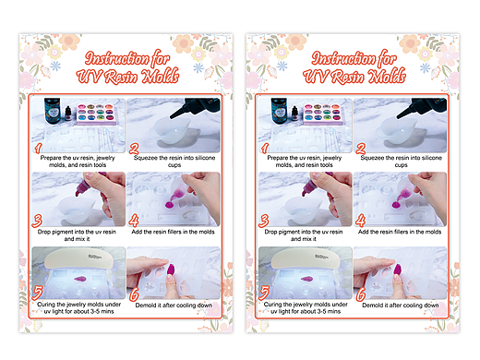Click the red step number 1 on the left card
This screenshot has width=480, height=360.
click(38, 148)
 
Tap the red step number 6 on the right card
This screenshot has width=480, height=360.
click(361, 294)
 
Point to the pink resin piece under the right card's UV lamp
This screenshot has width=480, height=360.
click(306, 279)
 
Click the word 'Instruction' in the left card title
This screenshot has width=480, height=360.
click(116, 58)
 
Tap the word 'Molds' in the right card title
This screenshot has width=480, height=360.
click(387, 76)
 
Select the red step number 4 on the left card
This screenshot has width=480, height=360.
click(134, 221)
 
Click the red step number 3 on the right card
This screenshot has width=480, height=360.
click(264, 221)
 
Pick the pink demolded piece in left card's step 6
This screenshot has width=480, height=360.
click(171, 270)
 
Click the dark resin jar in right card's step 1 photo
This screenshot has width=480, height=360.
click(279, 111)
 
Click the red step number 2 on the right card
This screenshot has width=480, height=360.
click(361, 149)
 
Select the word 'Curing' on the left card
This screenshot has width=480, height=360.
click(47, 305)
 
